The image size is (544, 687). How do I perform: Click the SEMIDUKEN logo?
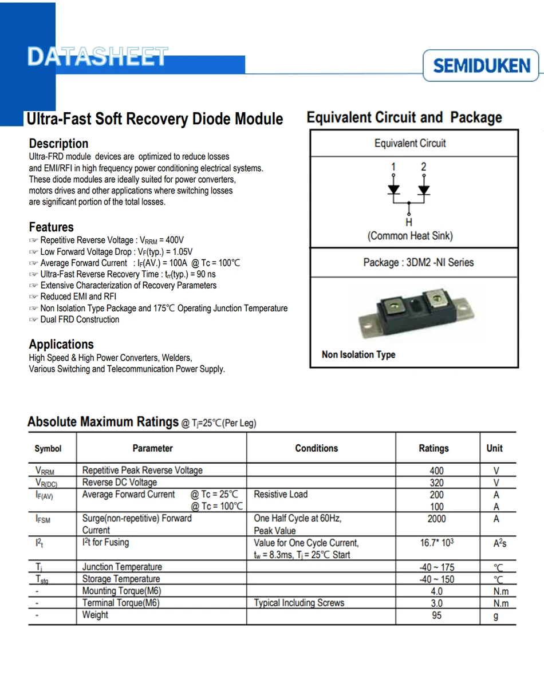pyautogui.click(x=482, y=66)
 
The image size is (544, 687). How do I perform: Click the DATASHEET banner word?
pyautogui.click(x=97, y=57)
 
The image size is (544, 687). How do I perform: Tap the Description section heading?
pyautogui.click(x=58, y=143)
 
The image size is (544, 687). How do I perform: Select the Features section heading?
pyautogui.click(x=51, y=227)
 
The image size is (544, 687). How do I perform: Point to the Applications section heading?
pyautogui.click(x=61, y=344)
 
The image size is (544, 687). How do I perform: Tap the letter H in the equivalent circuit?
pyautogui.click(x=408, y=222)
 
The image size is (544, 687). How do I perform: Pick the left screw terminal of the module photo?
pyautogui.click(x=395, y=307)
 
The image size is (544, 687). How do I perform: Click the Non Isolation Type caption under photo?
pyautogui.click(x=358, y=355)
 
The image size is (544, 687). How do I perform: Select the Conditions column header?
pyautogui.click(x=317, y=448)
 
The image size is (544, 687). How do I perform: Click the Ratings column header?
pyautogui.click(x=433, y=448)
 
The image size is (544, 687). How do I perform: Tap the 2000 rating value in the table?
pyautogui.click(x=436, y=519)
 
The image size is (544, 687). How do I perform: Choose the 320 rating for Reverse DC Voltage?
pyautogui.click(x=436, y=483)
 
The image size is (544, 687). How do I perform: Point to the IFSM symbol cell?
pyautogui.click(x=44, y=519)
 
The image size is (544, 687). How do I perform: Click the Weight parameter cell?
pyautogui.click(x=95, y=615)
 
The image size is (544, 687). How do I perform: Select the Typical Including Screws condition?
pyautogui.click(x=299, y=603)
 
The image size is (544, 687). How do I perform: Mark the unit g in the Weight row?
pyautogui.click(x=496, y=616)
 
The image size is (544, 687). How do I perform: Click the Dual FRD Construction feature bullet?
pyautogui.click(x=80, y=319)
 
